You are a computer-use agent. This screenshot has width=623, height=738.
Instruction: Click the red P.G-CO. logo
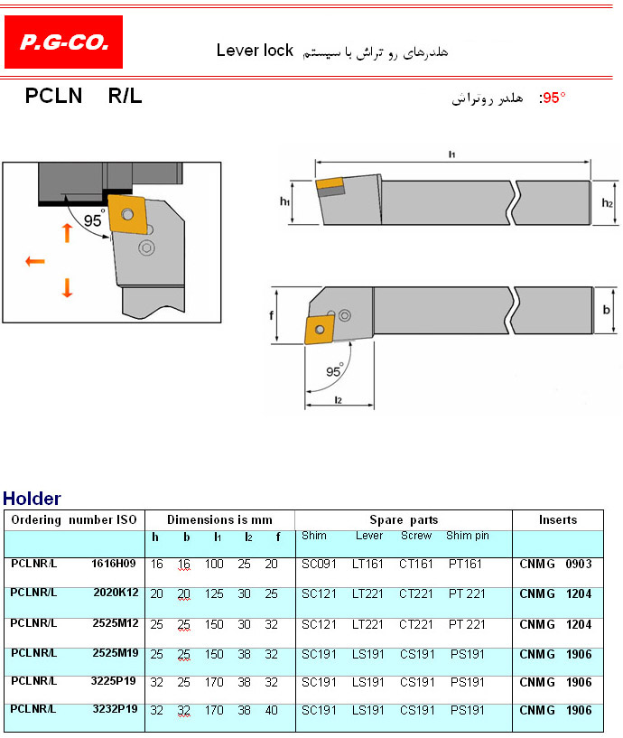[x=63, y=42]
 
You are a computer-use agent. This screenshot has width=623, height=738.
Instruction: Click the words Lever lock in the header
[x=255, y=51]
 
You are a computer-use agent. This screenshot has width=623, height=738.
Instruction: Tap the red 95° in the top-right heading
[x=553, y=98]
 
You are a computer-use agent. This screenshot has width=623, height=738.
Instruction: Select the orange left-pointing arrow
[x=35, y=261]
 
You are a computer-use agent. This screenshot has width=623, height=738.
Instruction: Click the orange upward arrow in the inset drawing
[x=68, y=233]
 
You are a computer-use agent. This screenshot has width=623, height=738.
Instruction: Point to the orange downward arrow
[x=68, y=287]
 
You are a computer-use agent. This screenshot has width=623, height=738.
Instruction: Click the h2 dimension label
[x=607, y=203]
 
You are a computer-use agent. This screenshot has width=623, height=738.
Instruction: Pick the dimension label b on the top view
[x=606, y=310]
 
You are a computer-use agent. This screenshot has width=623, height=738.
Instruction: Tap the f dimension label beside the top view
[x=271, y=315]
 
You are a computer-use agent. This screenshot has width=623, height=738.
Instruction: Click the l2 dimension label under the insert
[x=338, y=400]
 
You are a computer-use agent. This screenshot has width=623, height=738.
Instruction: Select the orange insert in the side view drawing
[x=330, y=187]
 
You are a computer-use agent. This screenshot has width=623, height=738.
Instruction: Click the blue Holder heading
[x=32, y=499]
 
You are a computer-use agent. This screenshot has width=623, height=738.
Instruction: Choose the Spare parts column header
[x=404, y=519]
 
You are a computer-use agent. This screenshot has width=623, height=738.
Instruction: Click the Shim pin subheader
[x=468, y=536]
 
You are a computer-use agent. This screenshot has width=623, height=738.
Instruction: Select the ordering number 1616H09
[x=114, y=564]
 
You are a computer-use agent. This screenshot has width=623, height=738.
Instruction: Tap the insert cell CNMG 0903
[x=555, y=564]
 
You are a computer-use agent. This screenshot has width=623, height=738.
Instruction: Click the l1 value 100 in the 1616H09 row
[x=214, y=564]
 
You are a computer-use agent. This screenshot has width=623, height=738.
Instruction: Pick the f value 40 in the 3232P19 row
[x=272, y=710]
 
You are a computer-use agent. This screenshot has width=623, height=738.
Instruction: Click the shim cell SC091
[x=319, y=564]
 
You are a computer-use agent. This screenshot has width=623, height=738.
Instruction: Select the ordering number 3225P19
[x=114, y=681]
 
